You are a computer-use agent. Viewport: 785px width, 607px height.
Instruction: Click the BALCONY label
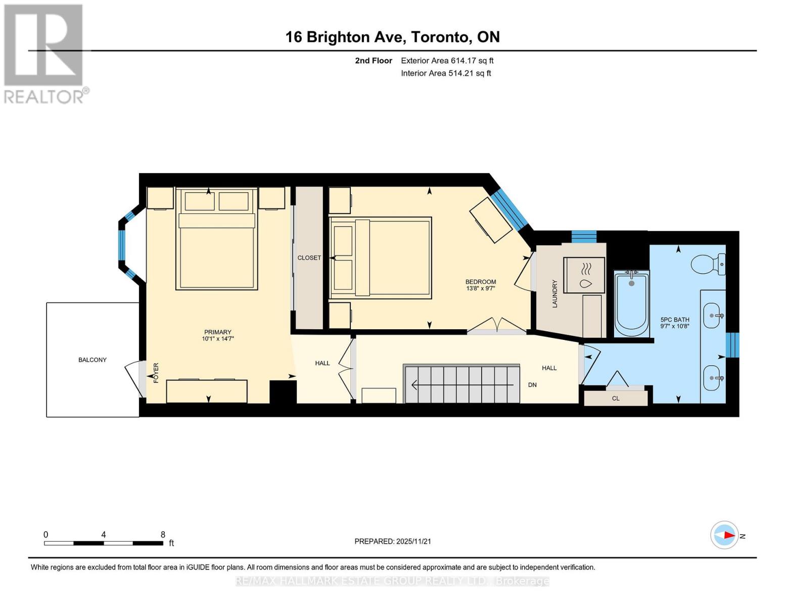pos(93,360)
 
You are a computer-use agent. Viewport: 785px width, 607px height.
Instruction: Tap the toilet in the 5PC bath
pos(708,264)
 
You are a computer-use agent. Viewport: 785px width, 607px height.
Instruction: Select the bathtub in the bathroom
pos(631,303)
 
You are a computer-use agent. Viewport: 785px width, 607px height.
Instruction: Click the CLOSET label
pos(309,258)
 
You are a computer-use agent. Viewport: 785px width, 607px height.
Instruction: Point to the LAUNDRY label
pos(555,293)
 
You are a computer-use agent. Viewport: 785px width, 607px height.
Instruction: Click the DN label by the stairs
pos(532,385)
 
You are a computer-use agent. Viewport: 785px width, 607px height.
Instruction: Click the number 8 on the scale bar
pos(163,534)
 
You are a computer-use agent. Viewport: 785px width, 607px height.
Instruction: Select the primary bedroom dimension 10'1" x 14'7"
pos(218,339)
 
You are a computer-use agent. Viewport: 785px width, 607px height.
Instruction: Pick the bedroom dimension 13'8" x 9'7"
pos(481,288)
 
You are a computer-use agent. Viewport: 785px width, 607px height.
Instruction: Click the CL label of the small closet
pos(616,399)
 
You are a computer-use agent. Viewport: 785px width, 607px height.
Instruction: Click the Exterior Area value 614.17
pos(464,61)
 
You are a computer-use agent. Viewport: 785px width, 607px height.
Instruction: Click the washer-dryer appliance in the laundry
pos(584,275)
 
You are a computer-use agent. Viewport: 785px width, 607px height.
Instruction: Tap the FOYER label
pos(156,373)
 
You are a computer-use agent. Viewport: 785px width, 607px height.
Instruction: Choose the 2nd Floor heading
pos(374,61)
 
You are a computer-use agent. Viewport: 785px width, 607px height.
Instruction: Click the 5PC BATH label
pos(675,320)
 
